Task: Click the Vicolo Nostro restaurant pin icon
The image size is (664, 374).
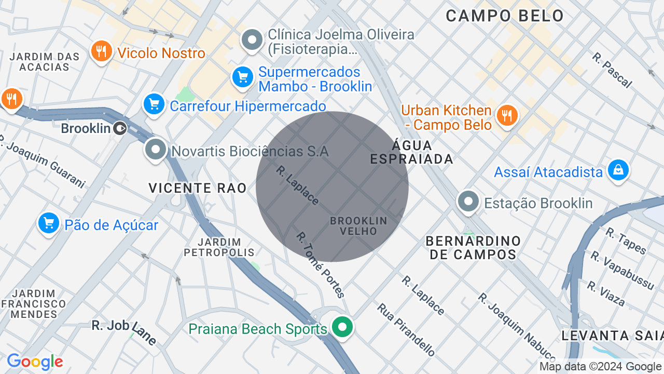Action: pyautogui.click(x=102, y=51)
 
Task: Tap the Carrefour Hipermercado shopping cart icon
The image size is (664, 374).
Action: pyautogui.click(x=154, y=105)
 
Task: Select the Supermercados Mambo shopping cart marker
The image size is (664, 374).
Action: pyautogui.click(x=242, y=78)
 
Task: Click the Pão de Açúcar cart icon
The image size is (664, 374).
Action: pyautogui.click(x=49, y=224)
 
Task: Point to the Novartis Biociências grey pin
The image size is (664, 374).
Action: pyautogui.click(x=155, y=150)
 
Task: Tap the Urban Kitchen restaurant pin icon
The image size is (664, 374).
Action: pyautogui.click(x=507, y=115)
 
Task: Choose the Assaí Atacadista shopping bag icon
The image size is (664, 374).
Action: pyautogui.click(x=618, y=170)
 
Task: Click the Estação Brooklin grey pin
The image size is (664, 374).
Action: pyautogui.click(x=468, y=202)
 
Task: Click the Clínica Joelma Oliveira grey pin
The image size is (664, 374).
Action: pyautogui.click(x=253, y=40)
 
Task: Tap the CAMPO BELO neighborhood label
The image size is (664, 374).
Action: pyautogui.click(x=505, y=16)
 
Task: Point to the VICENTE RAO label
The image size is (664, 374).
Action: pyautogui.click(x=198, y=188)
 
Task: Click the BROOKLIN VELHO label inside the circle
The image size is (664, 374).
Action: pyautogui.click(x=358, y=226)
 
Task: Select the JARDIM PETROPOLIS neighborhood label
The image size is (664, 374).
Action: pyautogui.click(x=219, y=247)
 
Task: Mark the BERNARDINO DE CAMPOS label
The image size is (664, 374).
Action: pyautogui.click(x=473, y=248)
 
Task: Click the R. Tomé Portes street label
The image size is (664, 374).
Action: pyautogui.click(x=321, y=265)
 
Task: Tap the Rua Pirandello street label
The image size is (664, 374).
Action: pyautogui.click(x=406, y=330)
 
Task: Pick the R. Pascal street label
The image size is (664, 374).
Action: pyautogui.click(x=612, y=70)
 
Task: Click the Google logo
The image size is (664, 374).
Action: pyautogui.click(x=35, y=362)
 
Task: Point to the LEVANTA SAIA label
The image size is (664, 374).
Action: pyautogui.click(x=612, y=336)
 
